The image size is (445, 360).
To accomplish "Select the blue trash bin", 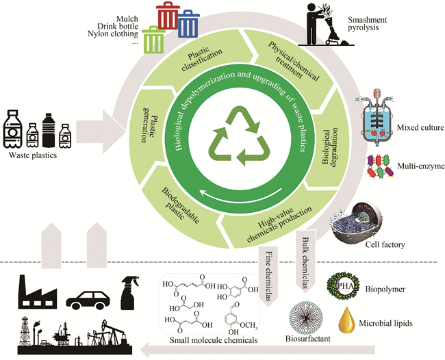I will point(188,24).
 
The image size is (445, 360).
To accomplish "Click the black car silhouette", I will point(89,299).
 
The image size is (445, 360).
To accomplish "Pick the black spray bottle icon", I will point(131,291).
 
